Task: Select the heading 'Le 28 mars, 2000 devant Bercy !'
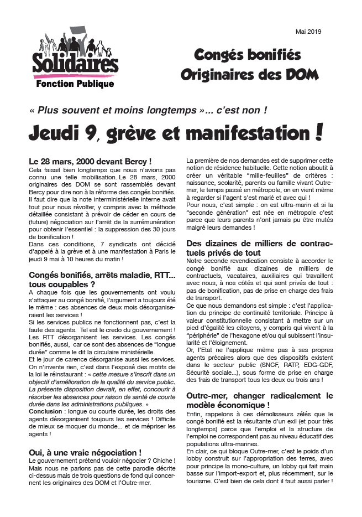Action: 90,161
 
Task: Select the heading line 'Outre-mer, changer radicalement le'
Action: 260,396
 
